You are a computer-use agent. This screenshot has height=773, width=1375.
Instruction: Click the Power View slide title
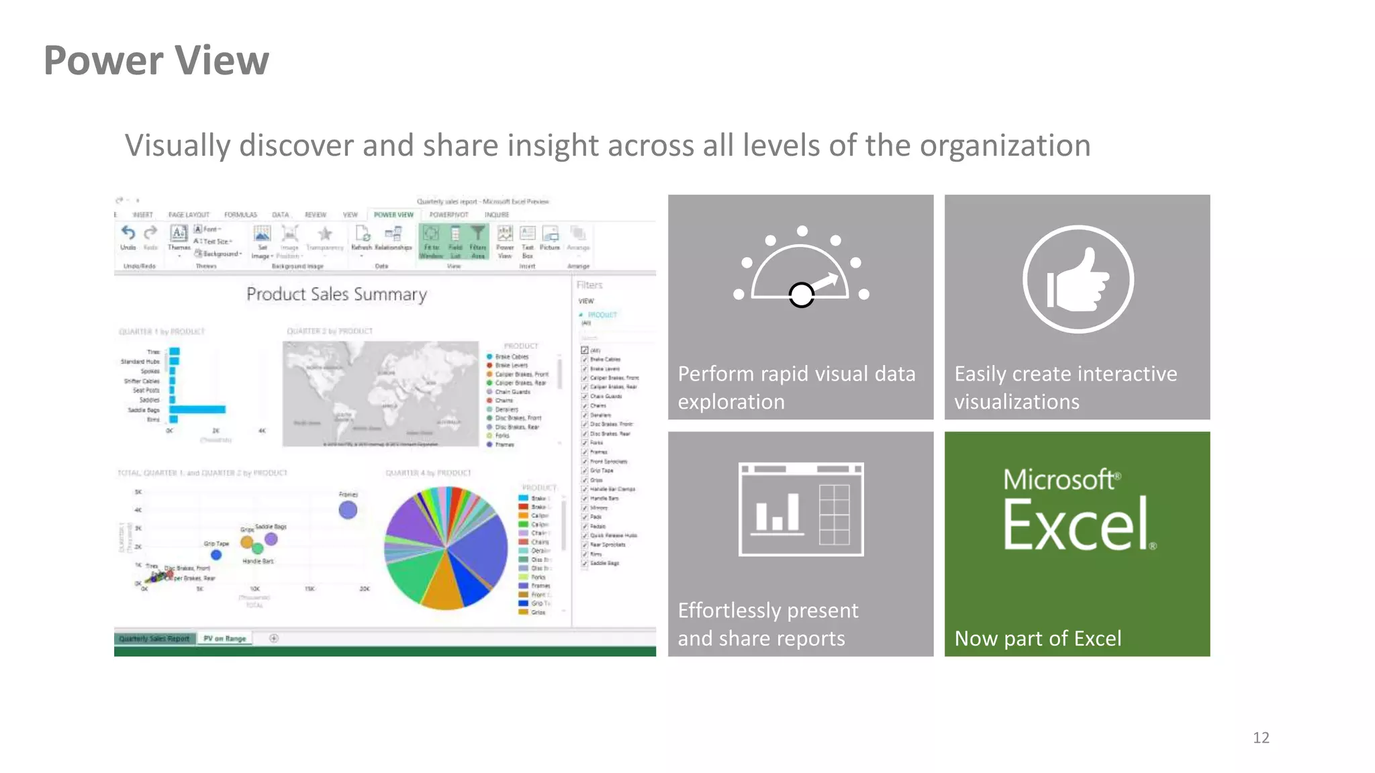tap(156, 60)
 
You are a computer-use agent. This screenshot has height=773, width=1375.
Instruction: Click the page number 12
tap(1261, 737)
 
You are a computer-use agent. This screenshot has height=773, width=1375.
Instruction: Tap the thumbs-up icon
tap(1078, 279)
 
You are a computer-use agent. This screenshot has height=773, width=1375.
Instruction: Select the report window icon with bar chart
tap(800, 509)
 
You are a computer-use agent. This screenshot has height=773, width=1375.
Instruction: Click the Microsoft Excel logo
tap(1078, 510)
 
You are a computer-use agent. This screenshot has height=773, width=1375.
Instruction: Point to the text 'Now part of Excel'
tap(1037, 638)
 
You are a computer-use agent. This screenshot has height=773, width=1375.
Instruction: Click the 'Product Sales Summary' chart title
tap(336, 294)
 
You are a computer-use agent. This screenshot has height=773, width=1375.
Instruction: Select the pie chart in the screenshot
tap(446, 548)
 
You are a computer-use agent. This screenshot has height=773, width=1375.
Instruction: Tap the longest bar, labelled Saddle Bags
tap(197, 409)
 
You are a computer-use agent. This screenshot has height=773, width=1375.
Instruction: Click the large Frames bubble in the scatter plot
tap(348, 510)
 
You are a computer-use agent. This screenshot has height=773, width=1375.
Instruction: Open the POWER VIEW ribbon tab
tap(393, 215)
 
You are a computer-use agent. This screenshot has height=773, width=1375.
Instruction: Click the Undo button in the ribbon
tap(128, 236)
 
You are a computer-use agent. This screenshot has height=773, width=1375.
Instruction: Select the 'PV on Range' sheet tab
tap(224, 638)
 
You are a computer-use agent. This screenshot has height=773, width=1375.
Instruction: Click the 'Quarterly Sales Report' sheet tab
tap(154, 638)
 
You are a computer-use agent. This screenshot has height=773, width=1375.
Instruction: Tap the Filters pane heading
tap(589, 285)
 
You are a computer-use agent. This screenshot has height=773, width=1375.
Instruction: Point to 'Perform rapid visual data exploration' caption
tap(796, 387)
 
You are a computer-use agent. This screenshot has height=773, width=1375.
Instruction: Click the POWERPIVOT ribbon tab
tap(448, 215)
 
